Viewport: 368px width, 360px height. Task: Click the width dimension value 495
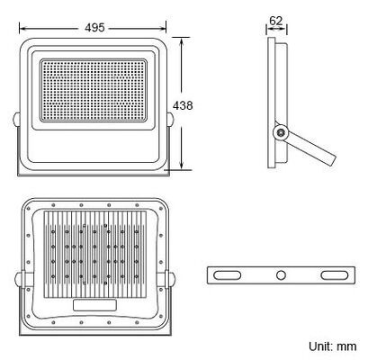coord(94,27)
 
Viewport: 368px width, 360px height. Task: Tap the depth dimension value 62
coord(276,19)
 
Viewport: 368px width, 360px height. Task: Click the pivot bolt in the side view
coord(282,131)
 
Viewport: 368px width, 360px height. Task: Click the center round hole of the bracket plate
coord(282,274)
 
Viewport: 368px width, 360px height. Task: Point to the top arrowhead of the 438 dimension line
coord(184,40)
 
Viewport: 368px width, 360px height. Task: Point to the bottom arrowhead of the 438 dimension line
coord(184,167)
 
